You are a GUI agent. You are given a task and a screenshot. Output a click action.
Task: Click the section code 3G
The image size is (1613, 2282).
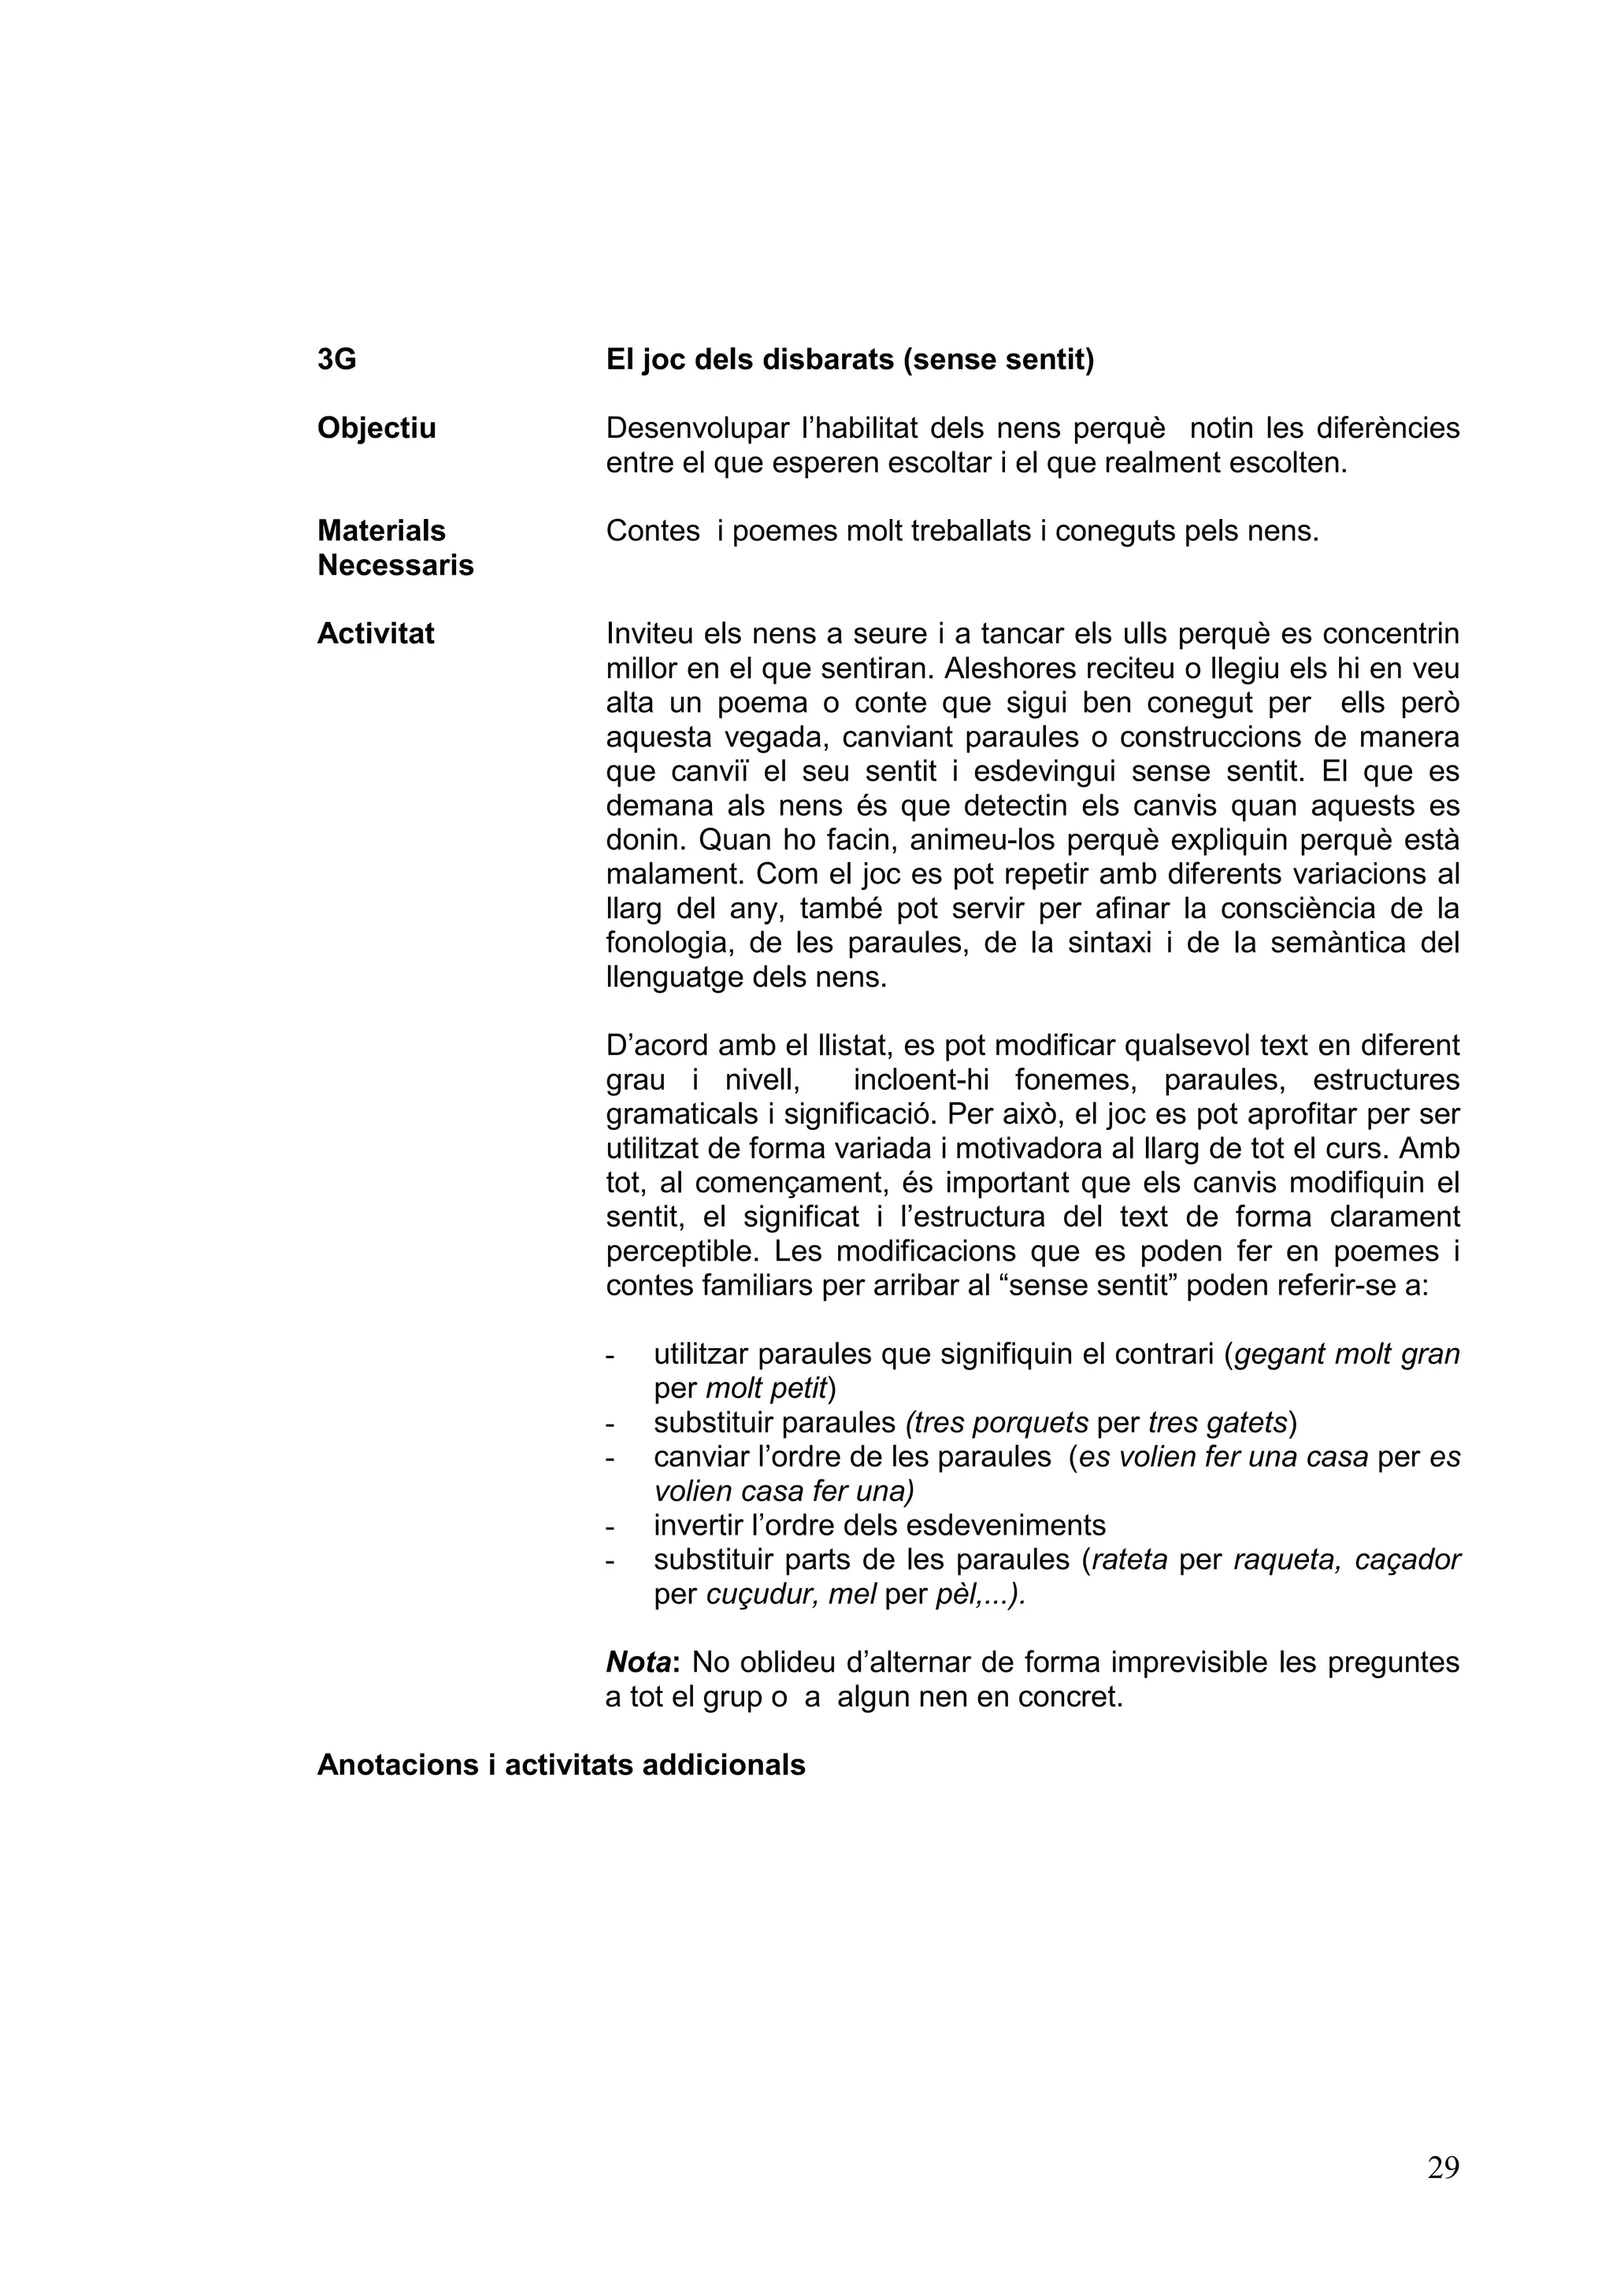pyautogui.click(x=336, y=360)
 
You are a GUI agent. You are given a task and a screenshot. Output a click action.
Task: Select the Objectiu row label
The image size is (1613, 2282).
pyautogui.click(x=376, y=428)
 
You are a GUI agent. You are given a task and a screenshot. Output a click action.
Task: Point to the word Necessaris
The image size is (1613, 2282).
pyautogui.click(x=395, y=565)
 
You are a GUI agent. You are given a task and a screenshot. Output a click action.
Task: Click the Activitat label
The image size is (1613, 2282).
pyautogui.click(x=375, y=634)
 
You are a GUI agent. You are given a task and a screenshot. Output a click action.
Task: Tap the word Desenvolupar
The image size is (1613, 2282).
pyautogui.click(x=697, y=428)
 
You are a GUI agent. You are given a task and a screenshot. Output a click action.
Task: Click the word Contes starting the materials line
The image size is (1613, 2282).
pyautogui.click(x=652, y=532)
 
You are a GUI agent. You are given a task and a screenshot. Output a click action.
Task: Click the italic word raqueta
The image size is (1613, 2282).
pyautogui.click(x=1276, y=1561)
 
